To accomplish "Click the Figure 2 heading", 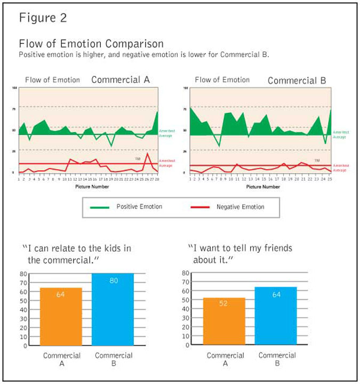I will [x=44, y=18].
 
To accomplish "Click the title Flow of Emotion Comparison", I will [x=91, y=44].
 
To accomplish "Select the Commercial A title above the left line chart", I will [x=121, y=80].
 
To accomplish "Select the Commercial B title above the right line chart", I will [x=297, y=81].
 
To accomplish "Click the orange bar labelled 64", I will [x=61, y=317].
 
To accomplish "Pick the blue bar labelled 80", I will [x=113, y=309].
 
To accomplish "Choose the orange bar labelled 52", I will [x=225, y=321].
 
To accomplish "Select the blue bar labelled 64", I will [x=276, y=316].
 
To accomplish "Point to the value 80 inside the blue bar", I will [x=113, y=281].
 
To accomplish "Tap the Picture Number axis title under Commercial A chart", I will [x=88, y=187].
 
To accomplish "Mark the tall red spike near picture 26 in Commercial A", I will [x=147, y=154].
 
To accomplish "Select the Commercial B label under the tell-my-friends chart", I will [x=276, y=359].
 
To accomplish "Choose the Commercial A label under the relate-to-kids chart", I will [x=61, y=359].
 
